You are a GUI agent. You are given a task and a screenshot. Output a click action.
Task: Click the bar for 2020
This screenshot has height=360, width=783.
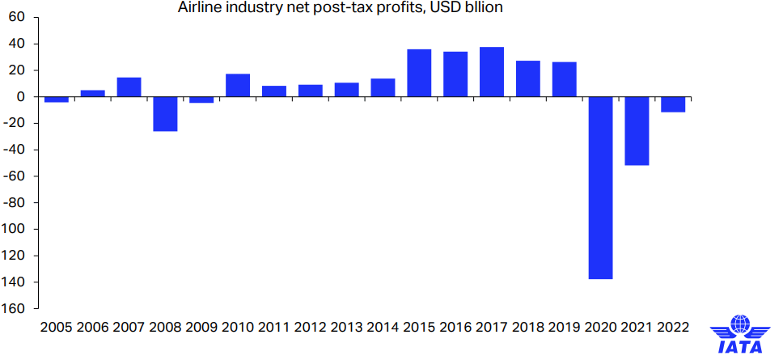(600, 188)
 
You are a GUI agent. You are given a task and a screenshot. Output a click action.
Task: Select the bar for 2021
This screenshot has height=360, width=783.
(637, 131)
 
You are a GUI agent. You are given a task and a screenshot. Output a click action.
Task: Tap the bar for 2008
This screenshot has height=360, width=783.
(165, 114)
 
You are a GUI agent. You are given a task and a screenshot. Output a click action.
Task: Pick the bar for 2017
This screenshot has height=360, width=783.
(492, 72)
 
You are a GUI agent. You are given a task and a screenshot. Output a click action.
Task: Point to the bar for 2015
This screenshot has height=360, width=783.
(419, 73)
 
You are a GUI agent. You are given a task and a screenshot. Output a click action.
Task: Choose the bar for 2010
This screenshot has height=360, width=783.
(238, 85)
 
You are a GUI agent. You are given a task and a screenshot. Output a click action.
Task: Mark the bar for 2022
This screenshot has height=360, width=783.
(673, 104)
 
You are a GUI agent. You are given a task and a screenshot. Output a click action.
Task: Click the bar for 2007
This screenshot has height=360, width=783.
(129, 87)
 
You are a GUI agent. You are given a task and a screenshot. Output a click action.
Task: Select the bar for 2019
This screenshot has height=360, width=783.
(565, 79)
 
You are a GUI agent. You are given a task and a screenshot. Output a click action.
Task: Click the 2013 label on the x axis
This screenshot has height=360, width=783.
(347, 328)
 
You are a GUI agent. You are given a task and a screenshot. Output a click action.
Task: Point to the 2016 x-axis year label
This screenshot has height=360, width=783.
(455, 328)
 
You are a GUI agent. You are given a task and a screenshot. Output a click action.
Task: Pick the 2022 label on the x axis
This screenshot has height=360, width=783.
(673, 328)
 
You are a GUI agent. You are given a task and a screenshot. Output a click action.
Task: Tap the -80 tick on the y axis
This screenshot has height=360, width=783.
(16, 202)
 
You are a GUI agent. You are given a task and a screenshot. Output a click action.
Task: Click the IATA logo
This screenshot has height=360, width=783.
(740, 333)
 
